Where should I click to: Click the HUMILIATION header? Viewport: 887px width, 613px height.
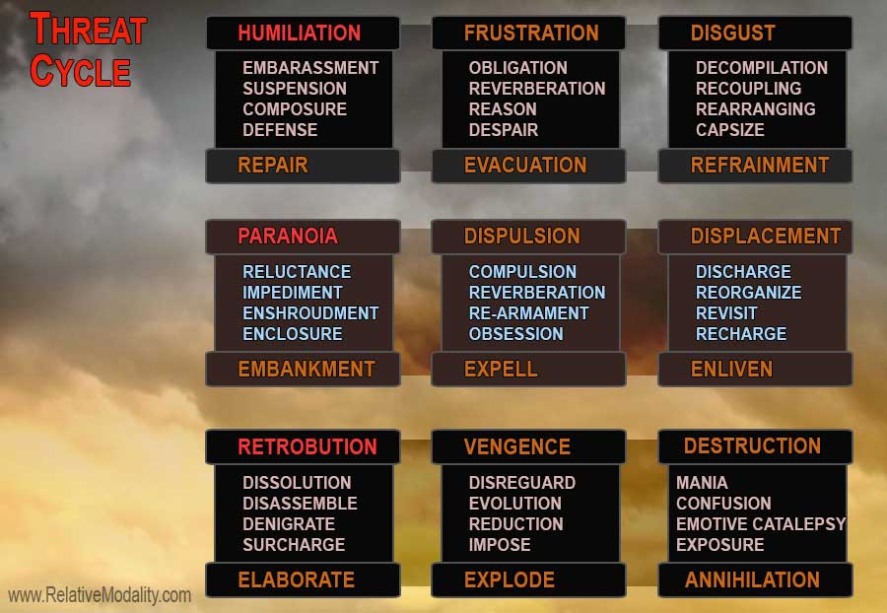[300, 33]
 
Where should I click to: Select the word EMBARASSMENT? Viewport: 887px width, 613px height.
[310, 68]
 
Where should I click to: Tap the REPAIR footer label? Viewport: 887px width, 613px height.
[273, 166]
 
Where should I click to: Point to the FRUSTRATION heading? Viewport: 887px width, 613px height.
[531, 33]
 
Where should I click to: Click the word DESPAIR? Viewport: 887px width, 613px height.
[504, 130]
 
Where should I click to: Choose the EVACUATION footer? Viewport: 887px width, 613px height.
[525, 166]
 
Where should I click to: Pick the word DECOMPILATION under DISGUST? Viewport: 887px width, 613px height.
[762, 68]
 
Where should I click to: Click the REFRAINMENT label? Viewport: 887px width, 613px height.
[760, 166]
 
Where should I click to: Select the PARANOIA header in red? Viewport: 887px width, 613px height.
[288, 236]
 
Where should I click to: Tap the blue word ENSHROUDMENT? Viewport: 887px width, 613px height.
[310, 313]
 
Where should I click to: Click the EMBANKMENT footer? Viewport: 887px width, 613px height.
[307, 370]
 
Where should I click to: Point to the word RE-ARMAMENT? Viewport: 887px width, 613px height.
[529, 313]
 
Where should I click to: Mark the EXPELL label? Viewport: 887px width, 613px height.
[501, 370]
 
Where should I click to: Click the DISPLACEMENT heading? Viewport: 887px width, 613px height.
[766, 236]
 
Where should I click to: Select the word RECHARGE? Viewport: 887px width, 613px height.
[741, 334]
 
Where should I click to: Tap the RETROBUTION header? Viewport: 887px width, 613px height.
[307, 446]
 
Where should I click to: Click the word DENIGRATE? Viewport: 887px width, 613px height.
[289, 524]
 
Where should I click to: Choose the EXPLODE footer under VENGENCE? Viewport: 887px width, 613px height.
[510, 579]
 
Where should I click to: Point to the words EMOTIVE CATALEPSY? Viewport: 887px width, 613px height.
[761, 524]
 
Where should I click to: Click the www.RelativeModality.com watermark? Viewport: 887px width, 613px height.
[100, 595]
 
